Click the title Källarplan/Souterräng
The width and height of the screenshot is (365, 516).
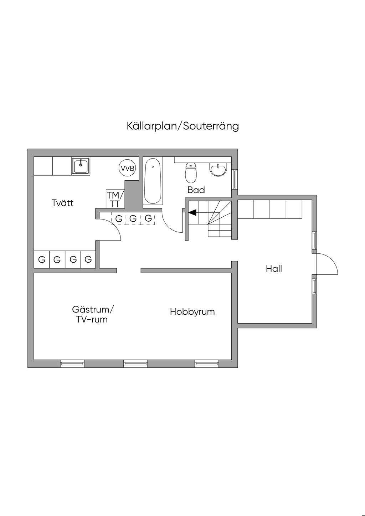[x=182, y=126]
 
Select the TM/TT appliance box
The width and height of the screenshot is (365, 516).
[x=115, y=199]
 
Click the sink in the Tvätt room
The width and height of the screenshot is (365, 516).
[x=81, y=166]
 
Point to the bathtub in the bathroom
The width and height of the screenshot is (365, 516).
[x=153, y=181]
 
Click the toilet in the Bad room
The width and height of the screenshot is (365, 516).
[x=191, y=172]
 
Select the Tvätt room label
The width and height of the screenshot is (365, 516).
[x=63, y=203]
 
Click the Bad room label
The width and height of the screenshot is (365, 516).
[x=196, y=190]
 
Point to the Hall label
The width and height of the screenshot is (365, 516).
[x=274, y=269]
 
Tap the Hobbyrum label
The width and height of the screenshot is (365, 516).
[x=192, y=312]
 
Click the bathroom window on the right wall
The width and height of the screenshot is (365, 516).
[x=234, y=179]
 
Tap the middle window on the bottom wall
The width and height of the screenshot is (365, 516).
[x=135, y=363]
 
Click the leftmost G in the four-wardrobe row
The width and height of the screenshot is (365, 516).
[x=42, y=260]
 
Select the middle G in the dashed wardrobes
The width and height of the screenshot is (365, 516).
[x=133, y=218]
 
